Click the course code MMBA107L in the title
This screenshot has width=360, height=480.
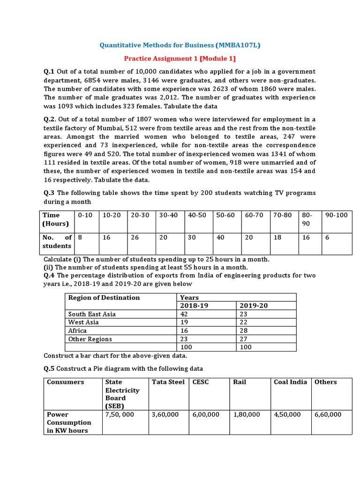[x=238, y=45]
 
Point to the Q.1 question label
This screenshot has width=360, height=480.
[x=49, y=71]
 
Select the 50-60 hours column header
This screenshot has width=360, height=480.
[x=225, y=215]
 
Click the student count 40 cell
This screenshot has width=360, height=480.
[x=220, y=238]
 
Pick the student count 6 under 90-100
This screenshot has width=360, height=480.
[x=327, y=238]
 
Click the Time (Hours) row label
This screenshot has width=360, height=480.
[x=55, y=219]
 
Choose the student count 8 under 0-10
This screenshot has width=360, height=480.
[x=80, y=238]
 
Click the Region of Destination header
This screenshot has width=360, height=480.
[x=104, y=298]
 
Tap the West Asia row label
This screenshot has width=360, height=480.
[x=83, y=322]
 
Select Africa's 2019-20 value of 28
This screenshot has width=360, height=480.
[x=245, y=330]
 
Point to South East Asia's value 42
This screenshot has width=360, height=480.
[x=184, y=314]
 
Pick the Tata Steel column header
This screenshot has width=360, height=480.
[x=168, y=382]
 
